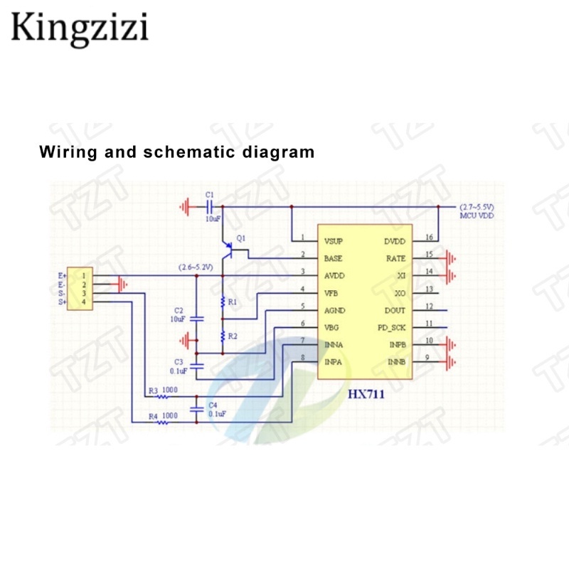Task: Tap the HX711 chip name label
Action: [x=366, y=395]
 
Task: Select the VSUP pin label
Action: [x=334, y=240]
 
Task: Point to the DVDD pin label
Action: [x=395, y=241]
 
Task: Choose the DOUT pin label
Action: [x=395, y=311]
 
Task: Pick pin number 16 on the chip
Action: [x=429, y=237]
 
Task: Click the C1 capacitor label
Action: [x=209, y=194]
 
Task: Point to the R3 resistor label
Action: [x=153, y=390]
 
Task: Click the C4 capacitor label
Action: [x=212, y=405]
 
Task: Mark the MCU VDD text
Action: [x=477, y=216]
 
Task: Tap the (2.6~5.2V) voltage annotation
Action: [x=196, y=267]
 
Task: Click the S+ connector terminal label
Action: [x=62, y=303]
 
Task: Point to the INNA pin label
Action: [x=334, y=345]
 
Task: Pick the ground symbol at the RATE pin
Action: [x=450, y=259]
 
